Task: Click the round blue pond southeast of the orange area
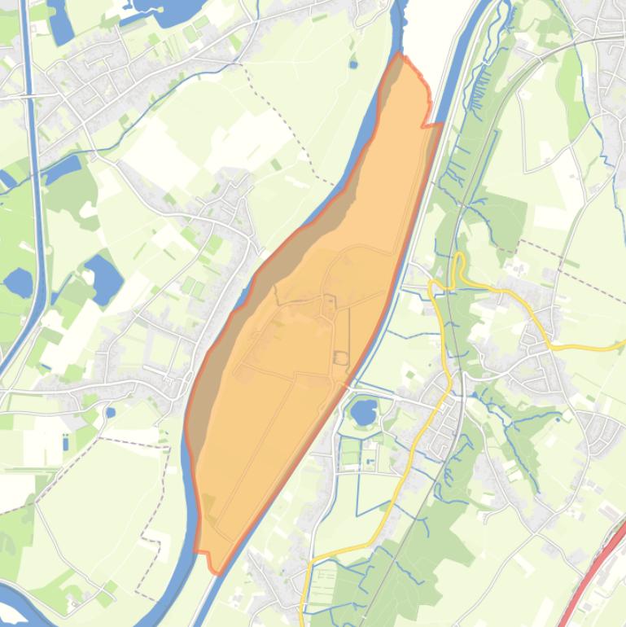363,409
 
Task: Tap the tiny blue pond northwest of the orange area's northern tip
352,63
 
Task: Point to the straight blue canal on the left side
35,204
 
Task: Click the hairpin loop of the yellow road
460,265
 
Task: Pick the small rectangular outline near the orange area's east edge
340,357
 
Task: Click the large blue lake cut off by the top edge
167,10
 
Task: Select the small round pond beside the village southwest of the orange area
111,412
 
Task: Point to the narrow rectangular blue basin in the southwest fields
65,442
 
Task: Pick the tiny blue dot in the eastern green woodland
561,419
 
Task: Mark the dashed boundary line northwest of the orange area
285,122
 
